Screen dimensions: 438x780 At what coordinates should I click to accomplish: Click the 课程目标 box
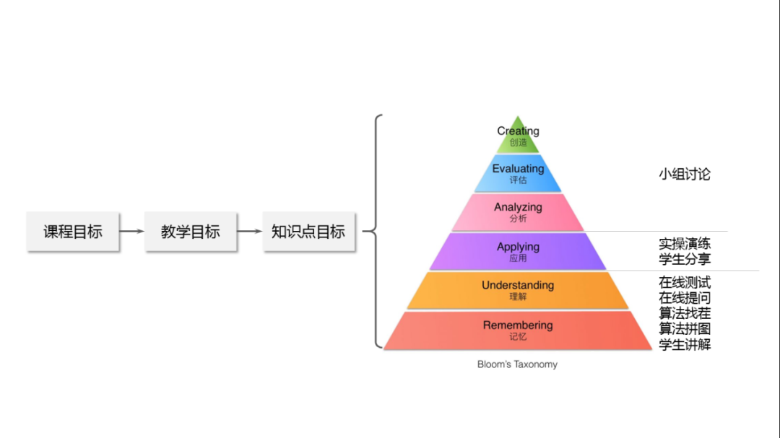point(73,232)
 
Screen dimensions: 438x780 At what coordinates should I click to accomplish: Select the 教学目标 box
point(191,232)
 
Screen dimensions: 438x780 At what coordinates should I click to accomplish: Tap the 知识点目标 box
point(308,232)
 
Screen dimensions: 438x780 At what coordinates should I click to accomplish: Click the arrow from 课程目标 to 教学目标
point(132,232)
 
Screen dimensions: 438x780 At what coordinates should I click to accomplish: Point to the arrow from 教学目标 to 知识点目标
point(250,232)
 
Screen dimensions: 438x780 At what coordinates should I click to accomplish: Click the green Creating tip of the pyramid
point(518,136)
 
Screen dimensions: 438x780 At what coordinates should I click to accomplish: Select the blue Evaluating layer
point(518,174)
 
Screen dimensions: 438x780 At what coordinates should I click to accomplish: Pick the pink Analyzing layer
point(518,212)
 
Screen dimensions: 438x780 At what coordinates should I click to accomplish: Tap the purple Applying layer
point(518,251)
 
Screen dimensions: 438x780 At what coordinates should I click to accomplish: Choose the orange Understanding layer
point(518,290)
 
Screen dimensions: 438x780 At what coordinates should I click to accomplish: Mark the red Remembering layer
point(518,330)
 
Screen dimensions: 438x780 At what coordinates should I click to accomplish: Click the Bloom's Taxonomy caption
point(517,364)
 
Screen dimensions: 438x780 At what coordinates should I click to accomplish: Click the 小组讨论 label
point(685,174)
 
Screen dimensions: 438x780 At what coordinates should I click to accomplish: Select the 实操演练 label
point(685,244)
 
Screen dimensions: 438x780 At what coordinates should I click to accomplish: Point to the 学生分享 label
point(685,260)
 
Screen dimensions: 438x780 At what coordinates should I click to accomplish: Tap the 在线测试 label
point(685,282)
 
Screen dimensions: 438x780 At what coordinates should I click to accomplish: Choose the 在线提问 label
point(685,298)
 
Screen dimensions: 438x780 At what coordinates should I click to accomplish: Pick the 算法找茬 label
point(685,313)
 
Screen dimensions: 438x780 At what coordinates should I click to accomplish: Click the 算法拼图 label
point(685,329)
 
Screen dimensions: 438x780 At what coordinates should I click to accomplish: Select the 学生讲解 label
point(685,345)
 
